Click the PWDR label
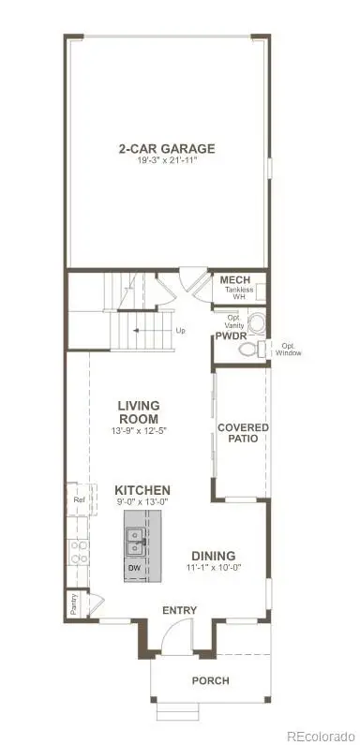231,335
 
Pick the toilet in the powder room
248,349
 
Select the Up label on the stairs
181,330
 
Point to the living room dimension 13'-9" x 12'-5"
138,431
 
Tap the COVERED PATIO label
243,433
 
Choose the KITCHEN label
142,490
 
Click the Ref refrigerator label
80,500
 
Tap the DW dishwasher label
132,568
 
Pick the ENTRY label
179,611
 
